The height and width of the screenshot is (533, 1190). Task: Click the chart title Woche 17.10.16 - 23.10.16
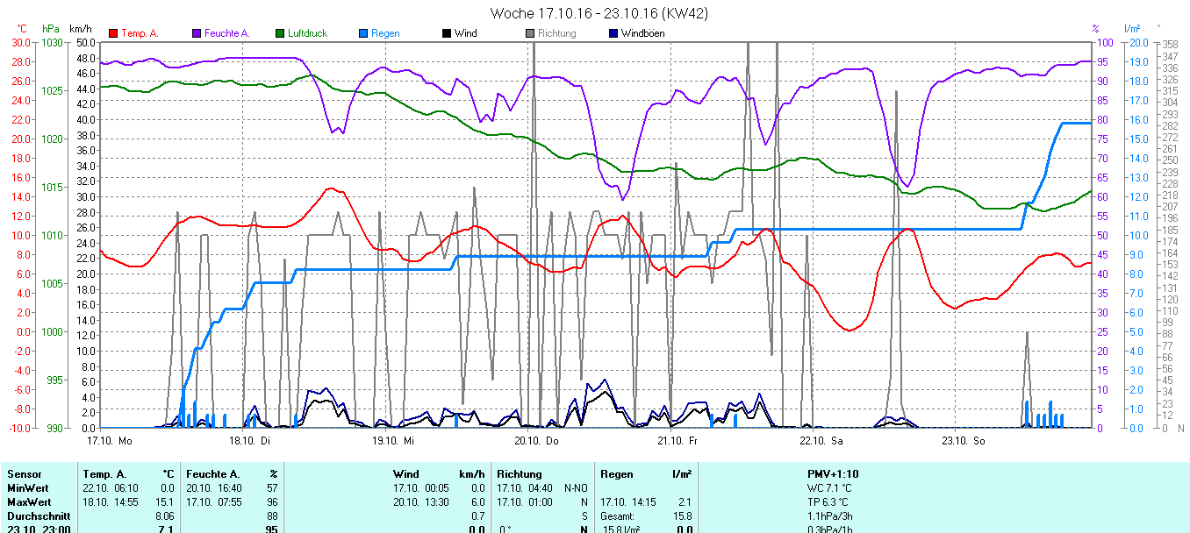599,13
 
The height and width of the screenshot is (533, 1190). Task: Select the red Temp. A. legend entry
133,33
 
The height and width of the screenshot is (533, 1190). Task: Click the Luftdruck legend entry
301,33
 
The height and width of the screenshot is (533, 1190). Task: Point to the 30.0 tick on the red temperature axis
19,42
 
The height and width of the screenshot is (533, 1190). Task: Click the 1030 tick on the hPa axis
52,42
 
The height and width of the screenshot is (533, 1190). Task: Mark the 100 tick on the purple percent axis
1105,42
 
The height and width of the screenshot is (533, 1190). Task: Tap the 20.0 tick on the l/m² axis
1136,42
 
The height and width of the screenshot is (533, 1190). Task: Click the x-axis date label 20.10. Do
537,440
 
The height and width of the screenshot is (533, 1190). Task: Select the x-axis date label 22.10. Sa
821,440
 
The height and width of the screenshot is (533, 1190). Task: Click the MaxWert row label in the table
27,501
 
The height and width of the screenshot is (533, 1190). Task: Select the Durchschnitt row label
35,515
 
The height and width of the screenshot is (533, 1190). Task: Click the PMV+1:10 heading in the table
833,473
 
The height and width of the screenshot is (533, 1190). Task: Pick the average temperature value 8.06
164,515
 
